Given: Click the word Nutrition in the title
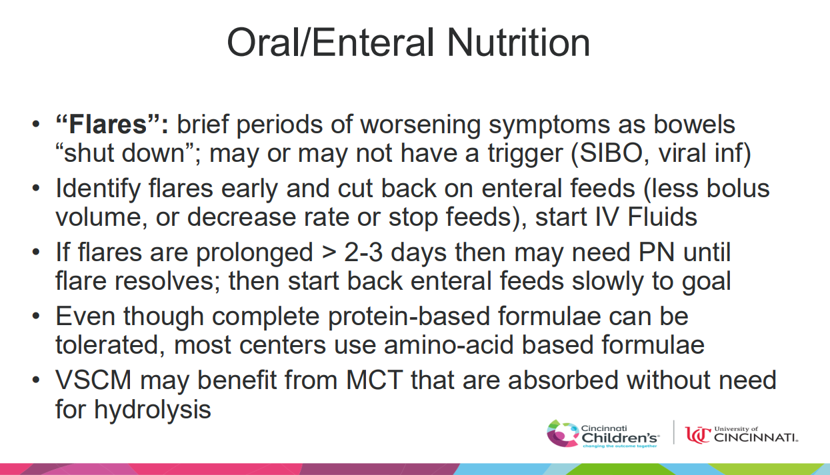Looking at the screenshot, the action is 519,43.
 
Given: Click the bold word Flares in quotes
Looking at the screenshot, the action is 108,124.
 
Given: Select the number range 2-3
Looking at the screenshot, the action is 363,252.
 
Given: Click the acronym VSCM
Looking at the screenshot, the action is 94,380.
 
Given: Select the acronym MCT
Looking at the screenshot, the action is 374,380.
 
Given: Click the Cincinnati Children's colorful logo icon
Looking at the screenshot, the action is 563,433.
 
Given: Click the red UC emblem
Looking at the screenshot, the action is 698,434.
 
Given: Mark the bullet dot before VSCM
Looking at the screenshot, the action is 36,380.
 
